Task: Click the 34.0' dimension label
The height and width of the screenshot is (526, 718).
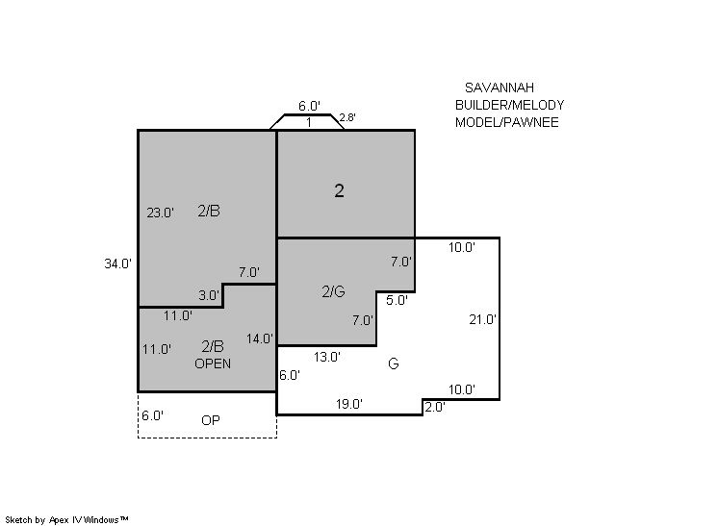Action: click(117, 263)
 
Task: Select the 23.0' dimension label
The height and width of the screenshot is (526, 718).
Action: click(161, 213)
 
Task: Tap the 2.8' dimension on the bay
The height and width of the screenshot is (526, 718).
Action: click(347, 117)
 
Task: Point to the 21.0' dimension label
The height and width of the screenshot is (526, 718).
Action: click(482, 319)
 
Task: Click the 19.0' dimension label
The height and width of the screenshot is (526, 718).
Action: click(349, 404)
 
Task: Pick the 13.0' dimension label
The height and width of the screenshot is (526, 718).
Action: click(327, 357)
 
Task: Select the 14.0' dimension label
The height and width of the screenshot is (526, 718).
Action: click(260, 338)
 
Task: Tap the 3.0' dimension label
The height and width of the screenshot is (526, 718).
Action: click(209, 295)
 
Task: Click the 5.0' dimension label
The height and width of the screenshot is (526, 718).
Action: click(397, 300)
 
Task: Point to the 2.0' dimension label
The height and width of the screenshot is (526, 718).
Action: click(435, 407)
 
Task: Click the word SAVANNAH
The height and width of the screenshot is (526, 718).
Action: click(500, 88)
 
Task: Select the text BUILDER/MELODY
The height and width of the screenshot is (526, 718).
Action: click(510, 105)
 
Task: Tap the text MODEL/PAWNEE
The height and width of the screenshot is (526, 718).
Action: click(507, 122)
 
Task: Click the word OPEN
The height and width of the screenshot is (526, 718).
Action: click(213, 363)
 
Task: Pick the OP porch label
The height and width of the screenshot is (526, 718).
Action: click(211, 420)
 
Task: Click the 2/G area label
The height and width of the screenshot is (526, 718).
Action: click(333, 291)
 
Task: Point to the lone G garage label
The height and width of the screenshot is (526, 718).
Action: click(394, 363)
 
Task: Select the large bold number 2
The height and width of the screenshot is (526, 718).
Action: click(340, 190)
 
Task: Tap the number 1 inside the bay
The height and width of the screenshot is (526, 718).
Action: click(309, 122)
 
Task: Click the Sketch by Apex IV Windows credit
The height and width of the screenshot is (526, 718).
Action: click(66, 519)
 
